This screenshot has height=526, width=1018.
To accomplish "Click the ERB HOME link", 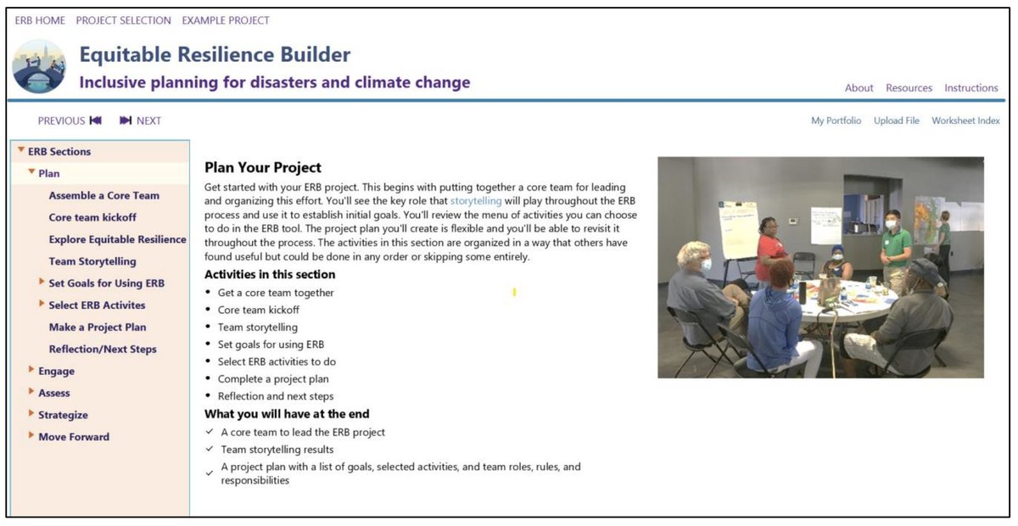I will click(40, 20).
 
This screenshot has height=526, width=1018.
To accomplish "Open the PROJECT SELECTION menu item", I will click(123, 20).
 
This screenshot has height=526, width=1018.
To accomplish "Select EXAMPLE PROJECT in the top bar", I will click(226, 20).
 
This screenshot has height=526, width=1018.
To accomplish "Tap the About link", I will click(859, 88).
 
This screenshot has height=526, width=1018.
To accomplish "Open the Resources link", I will click(909, 88).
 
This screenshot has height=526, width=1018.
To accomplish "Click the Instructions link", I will click(971, 88).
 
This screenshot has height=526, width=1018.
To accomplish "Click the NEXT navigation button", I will click(141, 120).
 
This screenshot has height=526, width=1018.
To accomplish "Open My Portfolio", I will click(836, 120).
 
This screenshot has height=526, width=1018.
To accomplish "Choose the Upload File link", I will click(897, 120).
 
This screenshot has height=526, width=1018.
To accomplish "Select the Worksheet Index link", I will click(965, 120).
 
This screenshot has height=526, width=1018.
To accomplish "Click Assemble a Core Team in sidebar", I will click(103, 195).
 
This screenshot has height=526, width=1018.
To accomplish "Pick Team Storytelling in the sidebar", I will click(92, 261).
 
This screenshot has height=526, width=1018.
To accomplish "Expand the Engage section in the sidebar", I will click(56, 371).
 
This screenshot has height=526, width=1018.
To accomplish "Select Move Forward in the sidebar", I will click(74, 437).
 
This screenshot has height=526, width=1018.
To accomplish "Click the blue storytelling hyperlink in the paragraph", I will click(475, 201).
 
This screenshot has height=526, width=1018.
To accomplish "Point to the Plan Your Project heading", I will click(263, 168).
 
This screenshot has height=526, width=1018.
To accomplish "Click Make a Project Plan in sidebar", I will click(98, 327).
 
